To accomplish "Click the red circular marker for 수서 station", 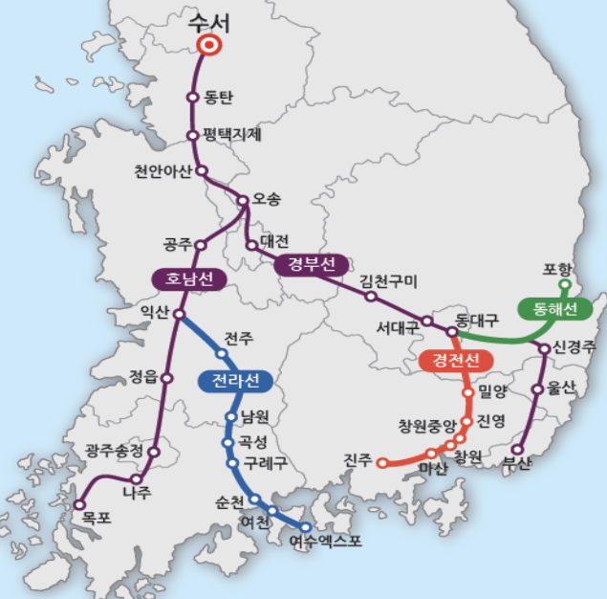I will point(209,44).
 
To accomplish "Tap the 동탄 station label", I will point(219,98).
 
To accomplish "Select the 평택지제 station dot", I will point(193,135).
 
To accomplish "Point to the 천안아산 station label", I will point(163,171).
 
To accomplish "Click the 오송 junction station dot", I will point(243,201).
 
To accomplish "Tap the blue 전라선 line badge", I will point(235,381).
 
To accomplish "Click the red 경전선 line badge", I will point(456,361).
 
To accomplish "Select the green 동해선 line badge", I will point(549,309).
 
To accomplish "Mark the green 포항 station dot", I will point(564,284).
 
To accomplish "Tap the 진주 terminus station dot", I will point(382,463).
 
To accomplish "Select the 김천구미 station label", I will point(388,281).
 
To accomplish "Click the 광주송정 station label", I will point(114,450).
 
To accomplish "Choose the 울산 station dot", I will point(537,389).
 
